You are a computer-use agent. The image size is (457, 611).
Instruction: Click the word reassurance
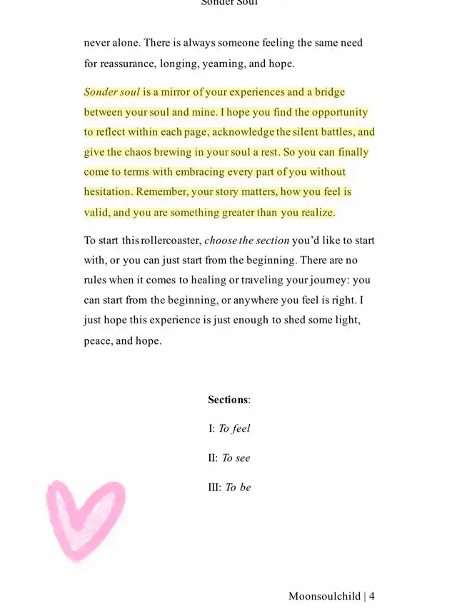tap(129, 64)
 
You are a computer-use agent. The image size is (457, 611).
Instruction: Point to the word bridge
tap(330, 92)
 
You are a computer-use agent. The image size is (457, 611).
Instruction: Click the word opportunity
tap(339, 112)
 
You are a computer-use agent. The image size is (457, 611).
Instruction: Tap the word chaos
tap(141, 152)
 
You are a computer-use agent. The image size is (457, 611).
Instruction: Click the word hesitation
tap(108, 192)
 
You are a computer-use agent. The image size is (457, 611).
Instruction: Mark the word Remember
tap(161, 192)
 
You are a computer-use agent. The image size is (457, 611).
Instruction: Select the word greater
tap(237, 213)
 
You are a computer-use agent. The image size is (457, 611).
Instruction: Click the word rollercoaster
tap(171, 241)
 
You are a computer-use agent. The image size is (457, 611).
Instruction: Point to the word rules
tap(96, 281)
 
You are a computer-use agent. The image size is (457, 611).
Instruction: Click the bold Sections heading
tap(228, 400)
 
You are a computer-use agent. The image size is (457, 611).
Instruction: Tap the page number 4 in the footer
tap(372, 597)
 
